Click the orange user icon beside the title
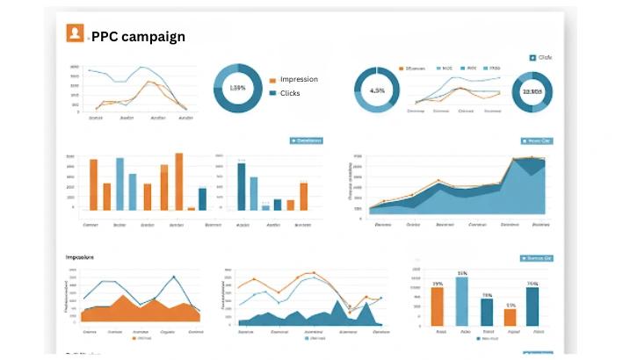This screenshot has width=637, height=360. pos(75,33)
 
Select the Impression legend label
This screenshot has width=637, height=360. pos(299,79)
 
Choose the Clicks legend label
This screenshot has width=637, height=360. pos(290,93)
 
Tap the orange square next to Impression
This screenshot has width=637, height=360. pos(272,80)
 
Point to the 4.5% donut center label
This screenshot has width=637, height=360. pos(377,90)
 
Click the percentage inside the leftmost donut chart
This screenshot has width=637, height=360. pos(237,88)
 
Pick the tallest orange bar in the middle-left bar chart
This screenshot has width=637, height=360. pos(179,182)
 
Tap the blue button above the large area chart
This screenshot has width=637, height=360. pos(535,140)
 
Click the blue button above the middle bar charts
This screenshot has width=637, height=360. pos(306,140)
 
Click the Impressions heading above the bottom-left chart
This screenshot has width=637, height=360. pos(80,257)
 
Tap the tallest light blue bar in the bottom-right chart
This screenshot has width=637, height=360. pos(462,299)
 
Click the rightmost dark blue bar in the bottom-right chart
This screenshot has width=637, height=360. pos(532,306)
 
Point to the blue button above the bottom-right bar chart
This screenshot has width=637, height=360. pos(535,258)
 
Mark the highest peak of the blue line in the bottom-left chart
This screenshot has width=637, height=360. pos(175,277)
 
